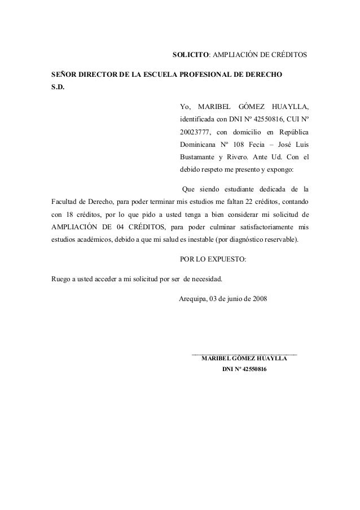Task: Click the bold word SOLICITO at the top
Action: [190, 56]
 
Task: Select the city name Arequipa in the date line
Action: [192, 298]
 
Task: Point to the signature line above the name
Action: [244, 354]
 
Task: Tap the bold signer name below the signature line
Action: [244, 358]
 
